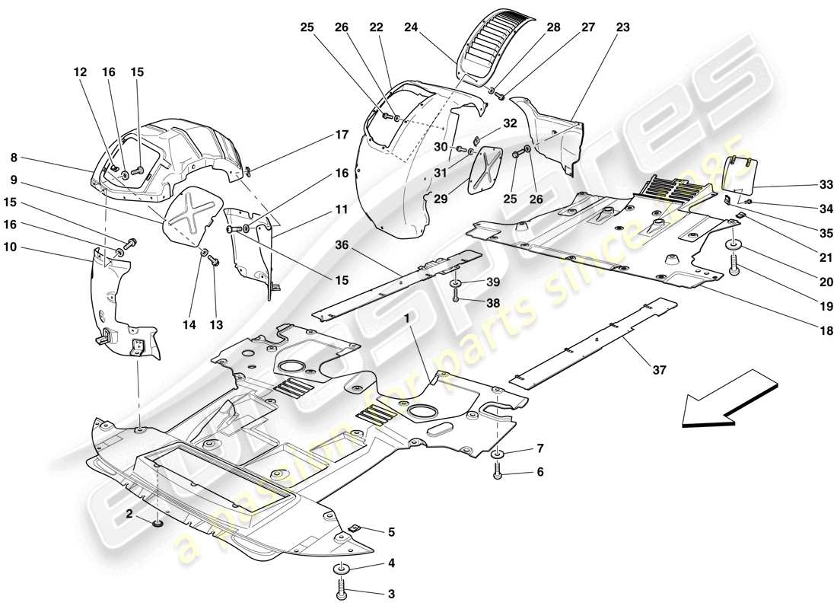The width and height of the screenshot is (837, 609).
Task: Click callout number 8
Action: [14, 158]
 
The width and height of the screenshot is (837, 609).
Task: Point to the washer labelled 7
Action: [498, 454]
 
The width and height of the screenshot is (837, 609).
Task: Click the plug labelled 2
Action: [158, 523]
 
